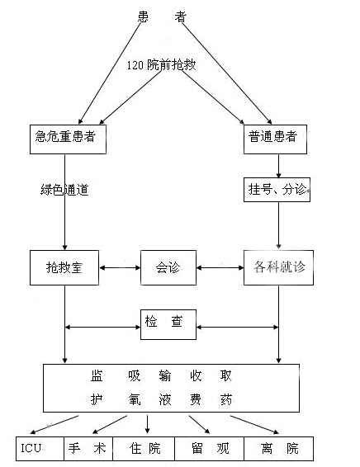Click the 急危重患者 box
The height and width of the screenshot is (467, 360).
tap(68, 139)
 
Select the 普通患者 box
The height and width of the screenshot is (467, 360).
tap(275, 139)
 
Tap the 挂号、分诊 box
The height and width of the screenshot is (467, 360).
tap(277, 190)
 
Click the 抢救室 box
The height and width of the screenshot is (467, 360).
tap(64, 267)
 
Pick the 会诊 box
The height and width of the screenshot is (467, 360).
tap(168, 267)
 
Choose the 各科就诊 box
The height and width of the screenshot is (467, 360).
tap(278, 267)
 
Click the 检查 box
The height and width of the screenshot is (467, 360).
tap(168, 324)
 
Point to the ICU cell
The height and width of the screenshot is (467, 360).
tap(40, 449)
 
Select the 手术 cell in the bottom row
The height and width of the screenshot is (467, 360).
tap(88, 449)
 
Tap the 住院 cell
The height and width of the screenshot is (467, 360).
tap(144, 449)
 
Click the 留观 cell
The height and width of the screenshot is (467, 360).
tap(209, 449)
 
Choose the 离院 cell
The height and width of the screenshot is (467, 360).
tap(278, 449)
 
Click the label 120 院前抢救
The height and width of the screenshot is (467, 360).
tap(161, 65)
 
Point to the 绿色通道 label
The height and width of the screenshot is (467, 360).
tap(64, 190)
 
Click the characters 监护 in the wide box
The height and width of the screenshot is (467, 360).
tap(97, 388)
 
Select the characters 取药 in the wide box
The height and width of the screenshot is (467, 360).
tap(225, 388)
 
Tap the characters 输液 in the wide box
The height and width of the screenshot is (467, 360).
tap(165, 388)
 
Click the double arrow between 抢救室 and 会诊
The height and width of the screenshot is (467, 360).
tap(120, 268)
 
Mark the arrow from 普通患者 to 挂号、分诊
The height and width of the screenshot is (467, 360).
tap(278, 166)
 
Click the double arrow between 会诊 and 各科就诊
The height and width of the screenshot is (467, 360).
tap(220, 268)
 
